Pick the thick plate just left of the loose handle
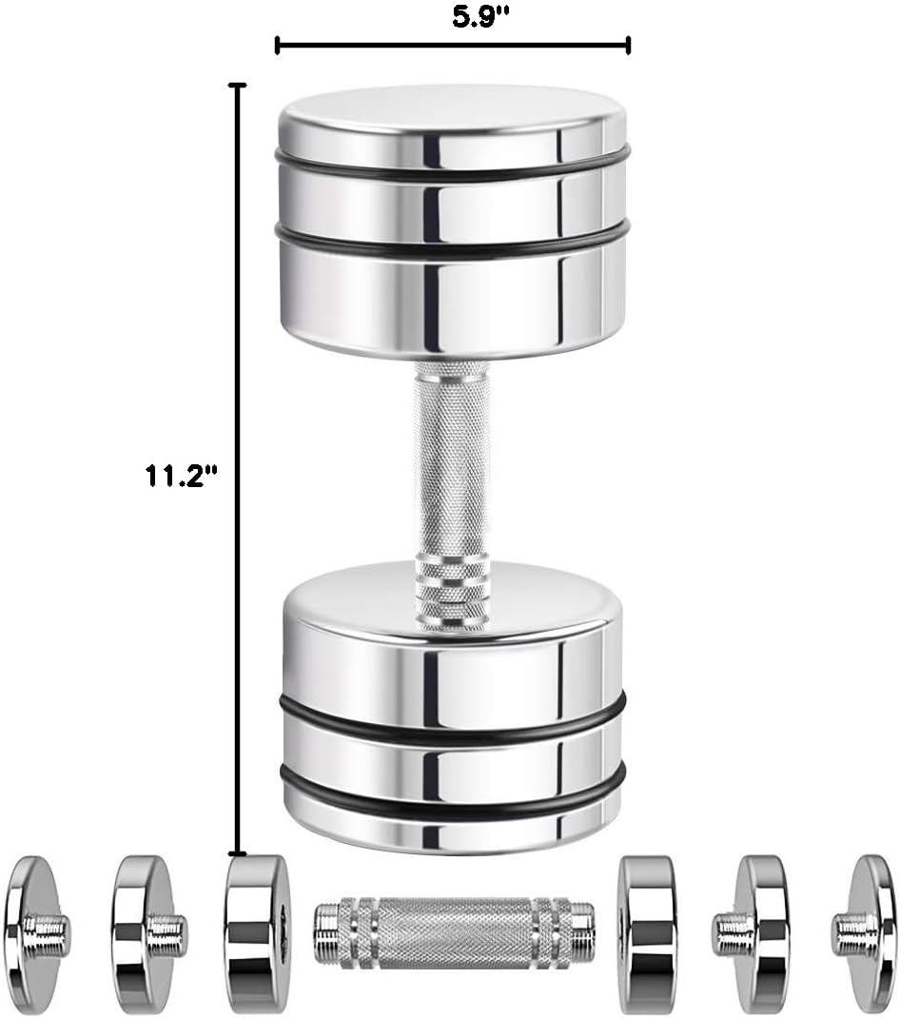(257, 931)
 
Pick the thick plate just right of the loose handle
(647, 932)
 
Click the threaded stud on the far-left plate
(49, 932)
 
